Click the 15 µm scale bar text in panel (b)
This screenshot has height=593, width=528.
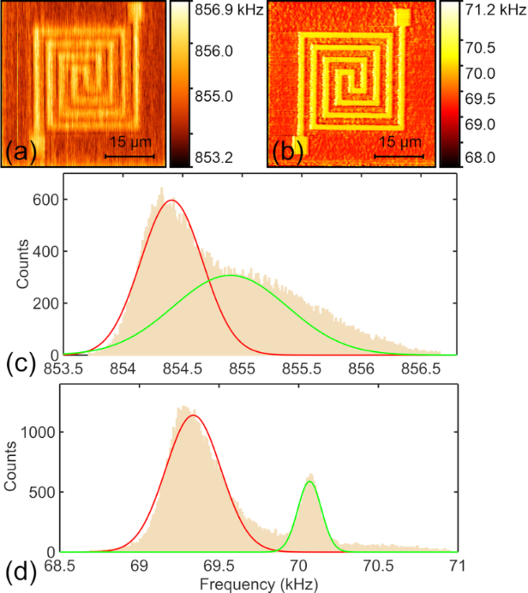[399, 141]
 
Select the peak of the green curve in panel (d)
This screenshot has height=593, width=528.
[309, 482]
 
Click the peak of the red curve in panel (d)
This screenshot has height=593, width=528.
[194, 416]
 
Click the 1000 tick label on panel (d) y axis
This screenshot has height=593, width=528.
[39, 432]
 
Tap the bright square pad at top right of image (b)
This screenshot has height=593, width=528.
[404, 17]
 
